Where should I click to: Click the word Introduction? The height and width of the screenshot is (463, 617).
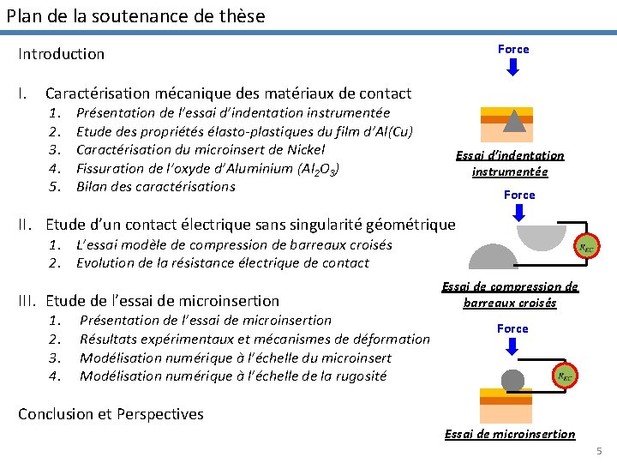point(62,54)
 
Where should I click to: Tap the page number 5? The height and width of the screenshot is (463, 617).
point(600,451)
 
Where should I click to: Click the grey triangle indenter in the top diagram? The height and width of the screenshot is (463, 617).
point(513,121)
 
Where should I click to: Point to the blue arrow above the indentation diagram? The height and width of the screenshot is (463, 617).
point(513,67)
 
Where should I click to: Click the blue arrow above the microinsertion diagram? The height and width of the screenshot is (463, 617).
point(512,346)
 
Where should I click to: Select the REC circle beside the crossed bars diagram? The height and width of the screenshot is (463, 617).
point(587,248)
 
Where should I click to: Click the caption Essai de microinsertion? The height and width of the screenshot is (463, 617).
point(510,434)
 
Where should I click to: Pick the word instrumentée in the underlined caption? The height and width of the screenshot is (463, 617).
point(510,171)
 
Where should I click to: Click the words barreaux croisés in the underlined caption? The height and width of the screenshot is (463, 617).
point(510,303)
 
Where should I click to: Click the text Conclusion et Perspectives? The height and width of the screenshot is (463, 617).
point(111,414)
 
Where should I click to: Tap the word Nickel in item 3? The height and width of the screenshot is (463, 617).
point(306,149)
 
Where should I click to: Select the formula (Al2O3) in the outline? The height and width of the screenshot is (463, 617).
point(318,168)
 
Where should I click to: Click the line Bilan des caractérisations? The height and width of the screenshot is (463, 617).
point(155,186)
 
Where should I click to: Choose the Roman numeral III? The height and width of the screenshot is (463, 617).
point(27,301)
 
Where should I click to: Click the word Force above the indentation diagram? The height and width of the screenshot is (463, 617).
point(513,49)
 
